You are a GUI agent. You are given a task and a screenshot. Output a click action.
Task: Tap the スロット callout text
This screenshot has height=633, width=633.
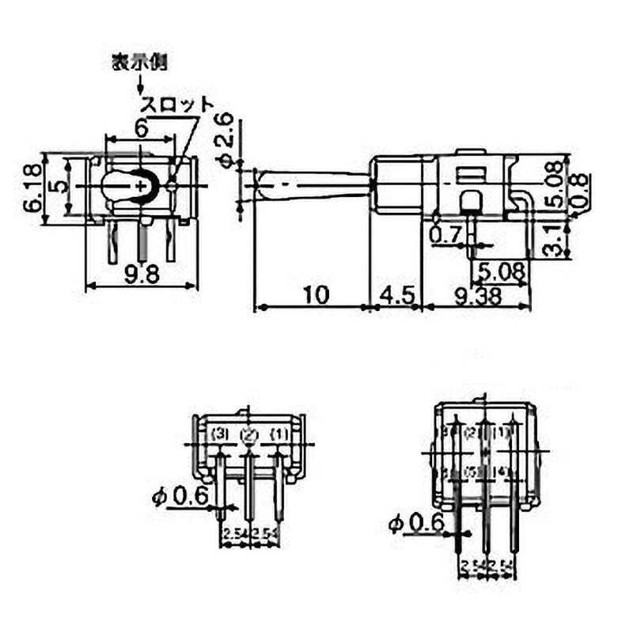coord(176,104)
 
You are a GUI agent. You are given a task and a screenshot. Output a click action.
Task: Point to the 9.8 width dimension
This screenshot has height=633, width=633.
coord(142,274)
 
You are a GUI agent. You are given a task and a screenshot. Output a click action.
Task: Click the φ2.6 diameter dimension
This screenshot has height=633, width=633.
coord(225,139)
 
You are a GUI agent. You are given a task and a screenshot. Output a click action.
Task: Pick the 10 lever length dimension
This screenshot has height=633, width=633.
coord(315,294)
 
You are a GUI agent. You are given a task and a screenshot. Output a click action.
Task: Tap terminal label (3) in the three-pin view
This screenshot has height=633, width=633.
coord(220,434)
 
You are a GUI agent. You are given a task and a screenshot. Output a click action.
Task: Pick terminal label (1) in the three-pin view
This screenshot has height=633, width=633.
coord(279,434)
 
